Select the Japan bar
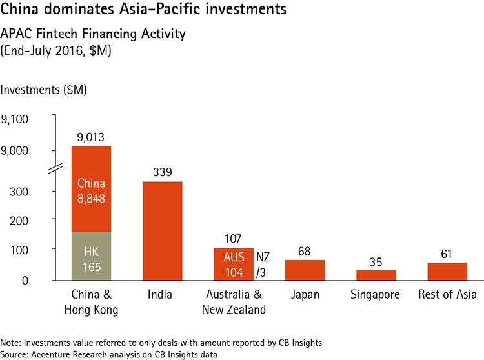(305, 270)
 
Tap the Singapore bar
(376, 275)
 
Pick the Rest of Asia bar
(447, 272)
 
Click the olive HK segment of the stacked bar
(91, 255)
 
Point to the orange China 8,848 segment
(91, 188)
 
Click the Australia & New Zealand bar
(233, 264)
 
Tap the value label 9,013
(91, 137)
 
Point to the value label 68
(305, 251)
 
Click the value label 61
(447, 254)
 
